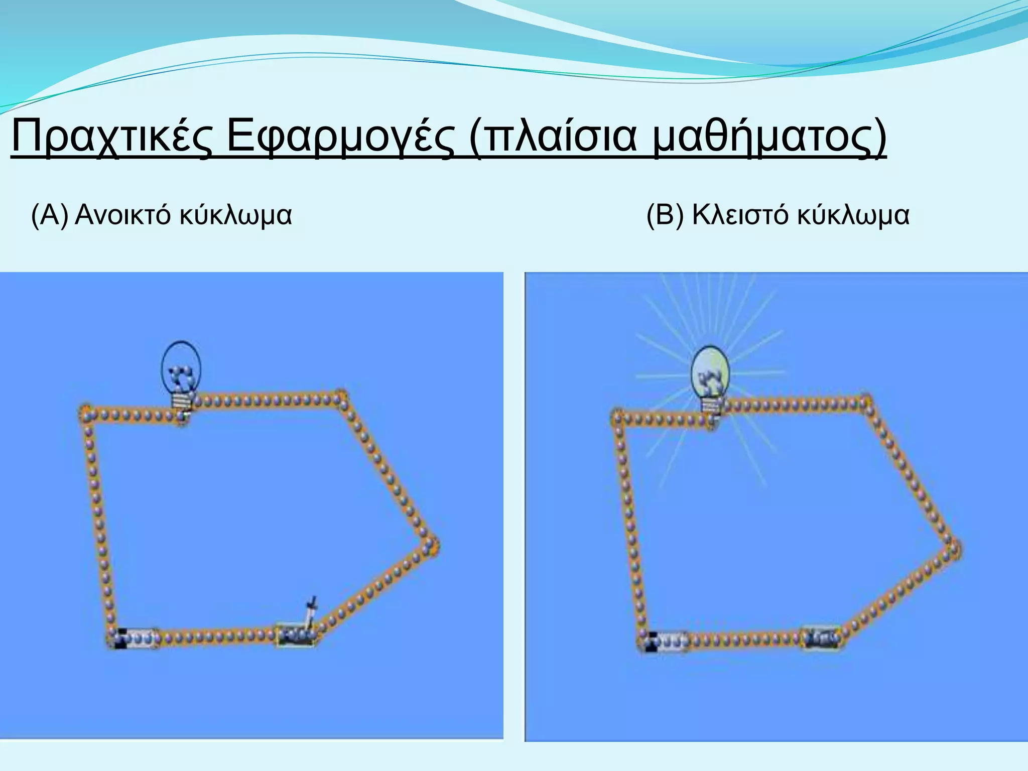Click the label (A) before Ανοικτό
(49, 216)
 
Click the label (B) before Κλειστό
(665, 216)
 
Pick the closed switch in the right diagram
(822, 638)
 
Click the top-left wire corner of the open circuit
(86, 415)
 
